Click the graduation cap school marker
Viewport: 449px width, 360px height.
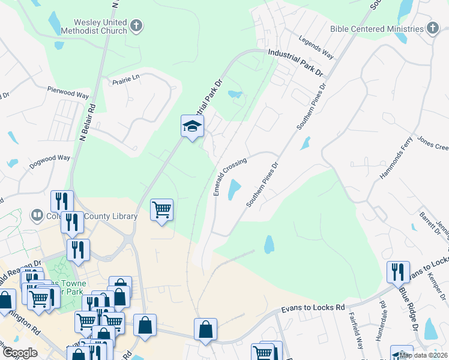coord(192,127)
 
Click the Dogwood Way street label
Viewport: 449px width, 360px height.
coord(51,158)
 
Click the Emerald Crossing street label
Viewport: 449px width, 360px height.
coord(230,176)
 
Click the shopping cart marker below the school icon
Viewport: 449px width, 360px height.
coord(162,210)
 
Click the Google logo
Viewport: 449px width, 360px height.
coord(20,353)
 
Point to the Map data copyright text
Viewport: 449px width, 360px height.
coord(423,355)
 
